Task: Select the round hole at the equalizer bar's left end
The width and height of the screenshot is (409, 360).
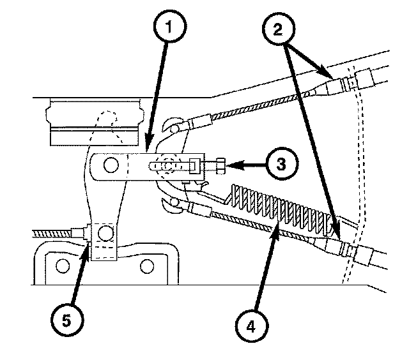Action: click(x=110, y=166)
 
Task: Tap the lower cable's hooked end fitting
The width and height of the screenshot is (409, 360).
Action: click(x=171, y=206)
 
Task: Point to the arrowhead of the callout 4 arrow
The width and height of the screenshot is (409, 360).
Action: click(x=274, y=227)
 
